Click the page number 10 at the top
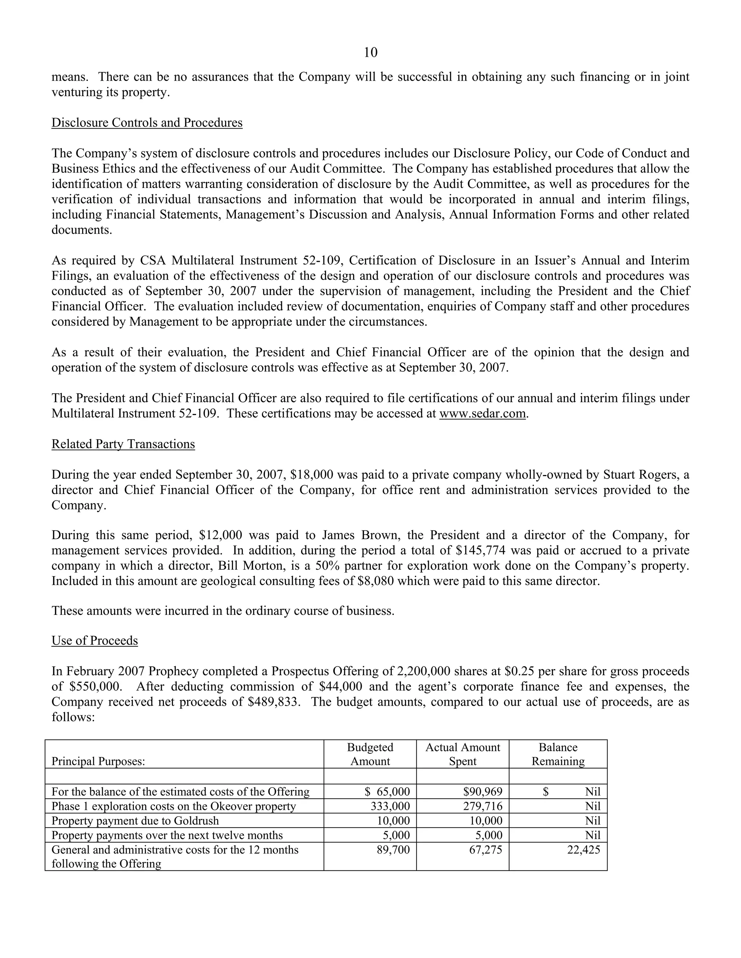[x=370, y=53]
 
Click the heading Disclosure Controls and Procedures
[x=147, y=123]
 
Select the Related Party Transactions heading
[x=123, y=444]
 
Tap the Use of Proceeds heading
[x=94, y=641]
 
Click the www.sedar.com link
[x=482, y=413]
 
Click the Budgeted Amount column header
[x=370, y=754]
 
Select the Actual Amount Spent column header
[x=462, y=754]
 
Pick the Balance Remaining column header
[x=558, y=754]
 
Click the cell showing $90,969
[x=482, y=792]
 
